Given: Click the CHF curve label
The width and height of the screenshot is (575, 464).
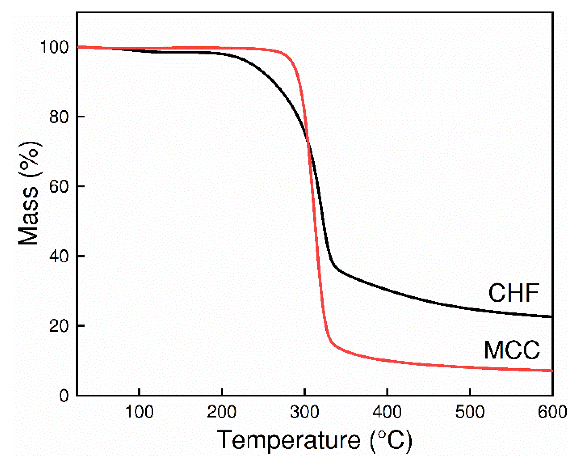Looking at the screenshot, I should pos(513,293).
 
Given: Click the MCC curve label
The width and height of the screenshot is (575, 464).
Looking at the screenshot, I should pos(512,350).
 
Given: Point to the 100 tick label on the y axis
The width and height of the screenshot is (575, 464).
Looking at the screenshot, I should pos(54,47).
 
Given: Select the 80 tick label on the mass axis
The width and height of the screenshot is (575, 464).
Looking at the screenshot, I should pos(59,117).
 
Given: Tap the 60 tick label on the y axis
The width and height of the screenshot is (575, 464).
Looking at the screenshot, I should pos(59,186).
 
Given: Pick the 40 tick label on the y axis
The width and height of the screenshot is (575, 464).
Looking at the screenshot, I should pos(59,256).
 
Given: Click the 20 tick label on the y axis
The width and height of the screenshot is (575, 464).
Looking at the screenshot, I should pos(59,326).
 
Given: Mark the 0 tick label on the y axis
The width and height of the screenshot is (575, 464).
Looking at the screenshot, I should pos(64,396).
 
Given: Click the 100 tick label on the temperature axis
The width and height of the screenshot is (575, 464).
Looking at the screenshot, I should pos(139,412).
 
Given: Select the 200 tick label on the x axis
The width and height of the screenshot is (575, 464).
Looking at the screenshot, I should pos(222,412).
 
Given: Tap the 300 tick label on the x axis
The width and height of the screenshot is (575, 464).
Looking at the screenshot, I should pos(304,412).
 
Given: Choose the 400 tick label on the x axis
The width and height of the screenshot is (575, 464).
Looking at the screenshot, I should pos(387,412).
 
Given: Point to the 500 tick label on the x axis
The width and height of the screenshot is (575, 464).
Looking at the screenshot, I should pos(470,412).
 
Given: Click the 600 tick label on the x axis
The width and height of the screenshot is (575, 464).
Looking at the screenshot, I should pos(552,412).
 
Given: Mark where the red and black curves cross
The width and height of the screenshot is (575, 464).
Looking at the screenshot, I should pos(308,143).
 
